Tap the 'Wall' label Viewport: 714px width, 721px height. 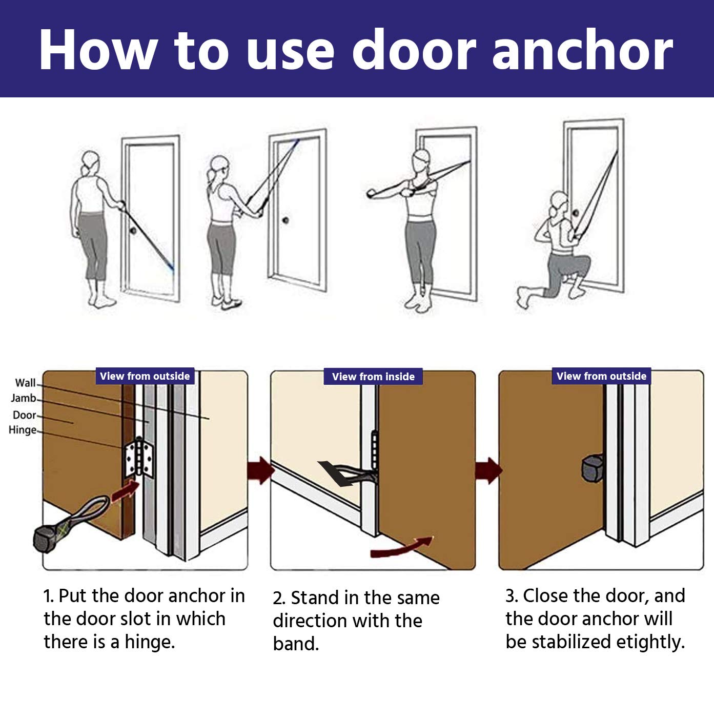25,383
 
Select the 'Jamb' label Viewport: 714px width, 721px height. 23,398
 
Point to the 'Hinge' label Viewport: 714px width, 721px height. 23,430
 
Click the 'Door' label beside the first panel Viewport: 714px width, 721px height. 24,415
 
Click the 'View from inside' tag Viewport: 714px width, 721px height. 373,377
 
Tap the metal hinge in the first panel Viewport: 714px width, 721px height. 139,457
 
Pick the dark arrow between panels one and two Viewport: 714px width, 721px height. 261,470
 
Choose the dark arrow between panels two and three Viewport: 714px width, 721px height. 488,470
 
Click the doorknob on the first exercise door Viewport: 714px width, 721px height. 133,231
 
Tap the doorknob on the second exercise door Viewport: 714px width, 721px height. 285,220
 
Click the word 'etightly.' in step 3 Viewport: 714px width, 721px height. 650,642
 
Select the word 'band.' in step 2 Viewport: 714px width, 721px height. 296,644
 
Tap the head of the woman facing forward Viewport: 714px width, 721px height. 422,160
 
